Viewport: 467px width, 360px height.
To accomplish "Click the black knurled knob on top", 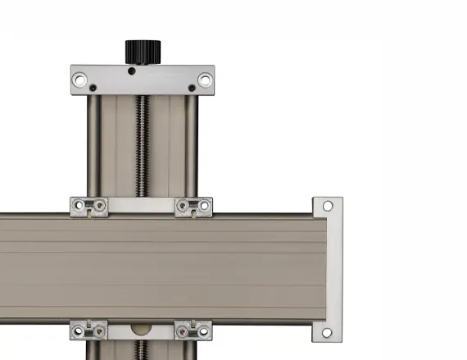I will pos(142,51).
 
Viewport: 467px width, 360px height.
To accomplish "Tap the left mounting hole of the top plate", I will pos(79,80).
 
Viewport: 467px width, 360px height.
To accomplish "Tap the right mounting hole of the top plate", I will pos(204,80).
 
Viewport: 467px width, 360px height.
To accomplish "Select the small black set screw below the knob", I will pos(132,71).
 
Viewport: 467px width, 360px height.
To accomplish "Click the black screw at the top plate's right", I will pos(192,88).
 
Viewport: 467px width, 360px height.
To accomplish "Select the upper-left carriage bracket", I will pos(89,207).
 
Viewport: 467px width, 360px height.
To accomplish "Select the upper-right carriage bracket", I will pos(194,207).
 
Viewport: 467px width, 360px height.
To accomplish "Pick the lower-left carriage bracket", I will pos(89,331).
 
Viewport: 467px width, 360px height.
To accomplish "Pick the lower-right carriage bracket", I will pos(194,331).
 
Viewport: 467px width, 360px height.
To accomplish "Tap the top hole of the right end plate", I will pos(328,206).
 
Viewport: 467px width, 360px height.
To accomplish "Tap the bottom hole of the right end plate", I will pos(328,333).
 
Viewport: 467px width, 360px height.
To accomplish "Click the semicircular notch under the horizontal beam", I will pos(142,329).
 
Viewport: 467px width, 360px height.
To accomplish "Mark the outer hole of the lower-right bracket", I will pos(205,333).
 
